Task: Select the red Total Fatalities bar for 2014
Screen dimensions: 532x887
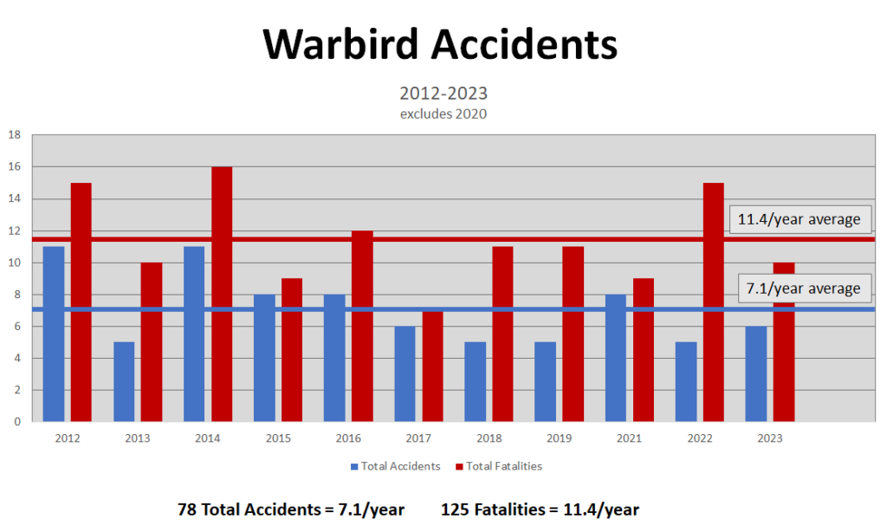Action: click(222, 294)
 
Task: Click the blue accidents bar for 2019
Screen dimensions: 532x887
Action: click(545, 381)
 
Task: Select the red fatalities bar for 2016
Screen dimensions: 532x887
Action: click(362, 326)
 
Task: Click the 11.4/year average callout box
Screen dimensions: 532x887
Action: click(800, 219)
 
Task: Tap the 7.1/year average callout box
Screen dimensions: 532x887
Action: click(800, 289)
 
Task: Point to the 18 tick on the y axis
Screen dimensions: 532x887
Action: click(15, 135)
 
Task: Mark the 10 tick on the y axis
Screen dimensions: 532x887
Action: click(15, 263)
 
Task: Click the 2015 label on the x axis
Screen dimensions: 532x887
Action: click(278, 438)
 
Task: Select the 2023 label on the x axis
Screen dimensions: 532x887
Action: click(769, 438)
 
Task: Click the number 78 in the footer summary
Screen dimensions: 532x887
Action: click(187, 509)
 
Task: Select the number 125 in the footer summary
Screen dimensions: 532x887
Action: click(456, 509)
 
